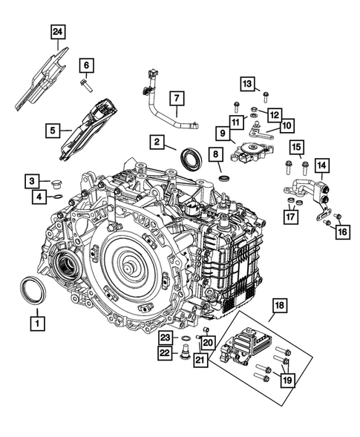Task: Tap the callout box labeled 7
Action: [177, 99]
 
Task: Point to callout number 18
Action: [280, 306]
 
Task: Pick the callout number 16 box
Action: [341, 232]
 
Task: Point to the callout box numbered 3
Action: [34, 180]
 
